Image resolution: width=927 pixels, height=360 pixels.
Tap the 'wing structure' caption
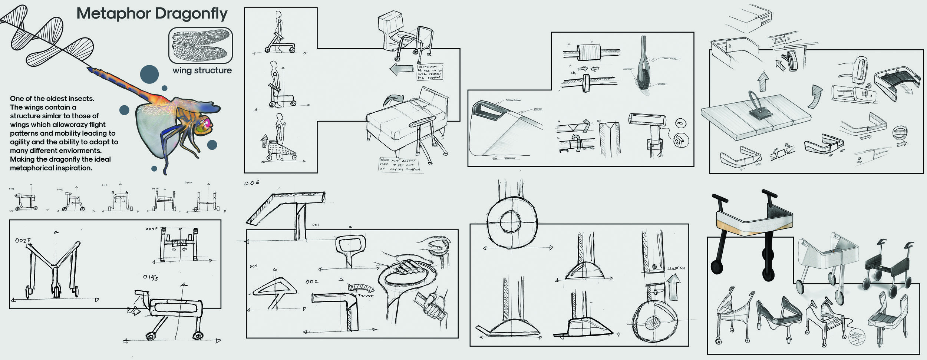202,70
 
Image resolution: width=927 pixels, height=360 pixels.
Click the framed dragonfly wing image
201,45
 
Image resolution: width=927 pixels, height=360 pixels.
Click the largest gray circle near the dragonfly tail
149,74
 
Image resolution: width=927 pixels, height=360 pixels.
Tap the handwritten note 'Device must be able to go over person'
429,72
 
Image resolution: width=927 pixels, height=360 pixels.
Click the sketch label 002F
23,241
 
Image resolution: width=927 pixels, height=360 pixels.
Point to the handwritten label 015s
151,277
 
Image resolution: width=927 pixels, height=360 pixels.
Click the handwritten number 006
252,183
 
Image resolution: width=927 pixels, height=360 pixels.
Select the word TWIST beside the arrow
366,295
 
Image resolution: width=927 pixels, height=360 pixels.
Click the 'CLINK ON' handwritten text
676,268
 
